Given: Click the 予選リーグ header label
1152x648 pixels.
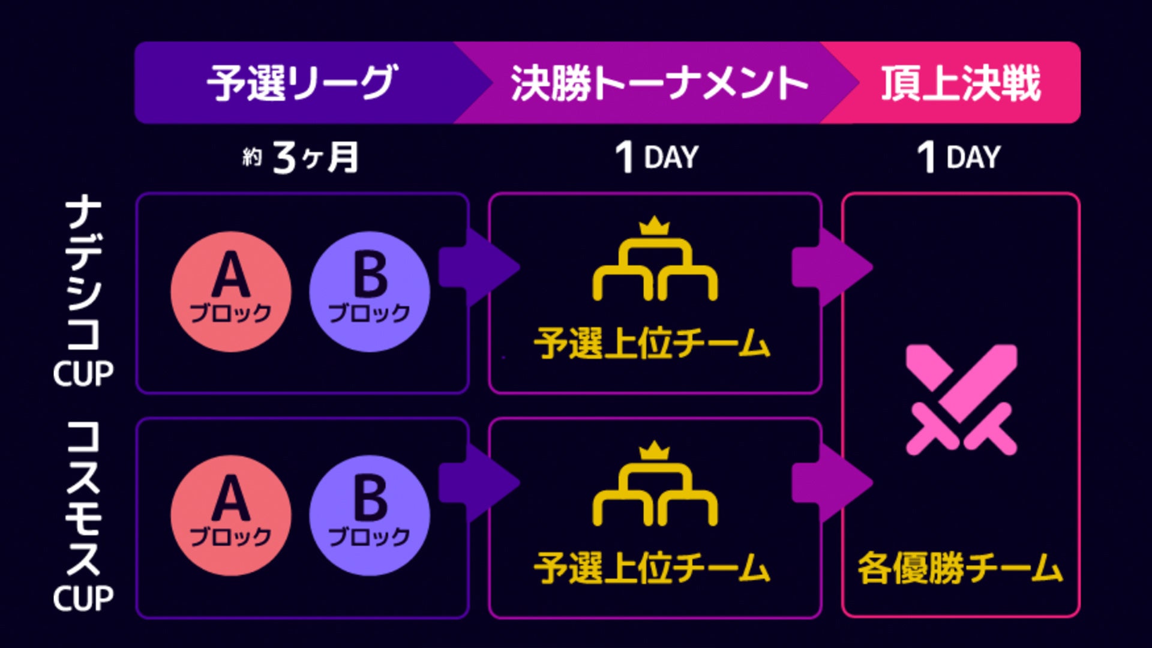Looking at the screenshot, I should pos(301,83).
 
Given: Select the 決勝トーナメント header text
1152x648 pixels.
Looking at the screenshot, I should pos(659,83).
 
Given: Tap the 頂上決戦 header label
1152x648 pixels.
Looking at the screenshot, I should pos(961,83).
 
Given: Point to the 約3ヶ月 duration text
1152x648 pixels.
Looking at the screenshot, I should pos(301,157).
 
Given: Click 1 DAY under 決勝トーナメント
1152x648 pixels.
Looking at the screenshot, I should pos(657,157).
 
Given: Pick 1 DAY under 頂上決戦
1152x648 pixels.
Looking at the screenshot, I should pos(959,157).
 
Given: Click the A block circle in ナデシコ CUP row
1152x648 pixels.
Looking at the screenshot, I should pos(231,292).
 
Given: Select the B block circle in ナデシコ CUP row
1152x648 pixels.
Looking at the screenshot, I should pos(370,292).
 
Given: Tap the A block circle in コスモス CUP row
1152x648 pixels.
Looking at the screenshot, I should pos(231,515).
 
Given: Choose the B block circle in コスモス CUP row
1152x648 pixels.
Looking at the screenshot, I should pos(370,515).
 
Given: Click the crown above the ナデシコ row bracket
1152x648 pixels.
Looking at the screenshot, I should pos(654,226).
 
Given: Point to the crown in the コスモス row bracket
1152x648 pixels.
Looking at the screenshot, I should pos(654,450).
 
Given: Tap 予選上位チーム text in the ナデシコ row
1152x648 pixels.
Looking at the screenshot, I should pos(652,344).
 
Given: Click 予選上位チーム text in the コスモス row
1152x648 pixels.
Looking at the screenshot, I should pos(652,568).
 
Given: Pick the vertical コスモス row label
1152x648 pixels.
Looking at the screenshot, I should pos(83,498).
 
